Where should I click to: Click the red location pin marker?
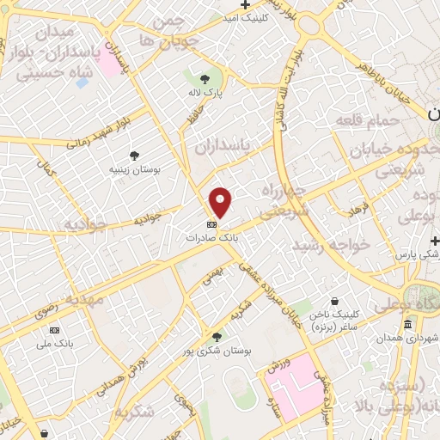222,202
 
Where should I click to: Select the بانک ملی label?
54,344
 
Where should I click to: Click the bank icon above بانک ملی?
54,331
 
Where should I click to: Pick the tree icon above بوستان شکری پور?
217,338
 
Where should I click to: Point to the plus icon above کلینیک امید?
246,5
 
